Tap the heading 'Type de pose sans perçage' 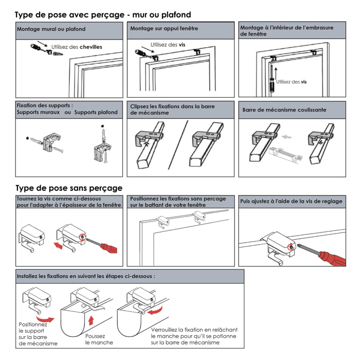(x=69, y=188)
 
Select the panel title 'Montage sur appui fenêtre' (x=164, y=28)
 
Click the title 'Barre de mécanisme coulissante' (x=284, y=110)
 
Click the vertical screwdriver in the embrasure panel (x=272, y=79)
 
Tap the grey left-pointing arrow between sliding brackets (x=286, y=137)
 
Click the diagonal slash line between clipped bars (x=178, y=145)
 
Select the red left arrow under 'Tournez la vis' (x=58, y=246)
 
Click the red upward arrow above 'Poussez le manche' (x=91, y=320)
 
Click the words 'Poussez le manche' (x=99, y=339)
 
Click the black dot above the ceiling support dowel (x=103, y=126)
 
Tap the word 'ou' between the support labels (x=68, y=112)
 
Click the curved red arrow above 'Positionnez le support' (x=45, y=319)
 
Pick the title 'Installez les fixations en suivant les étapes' (x=86, y=276)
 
